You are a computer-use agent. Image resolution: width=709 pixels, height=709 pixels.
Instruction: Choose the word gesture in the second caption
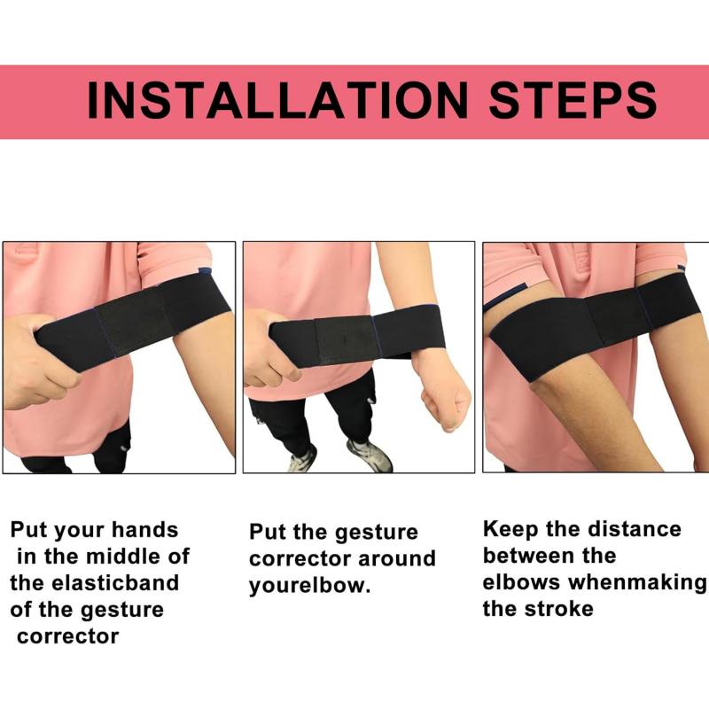click(x=376, y=533)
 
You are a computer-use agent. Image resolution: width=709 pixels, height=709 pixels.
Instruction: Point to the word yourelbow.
click(x=309, y=586)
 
